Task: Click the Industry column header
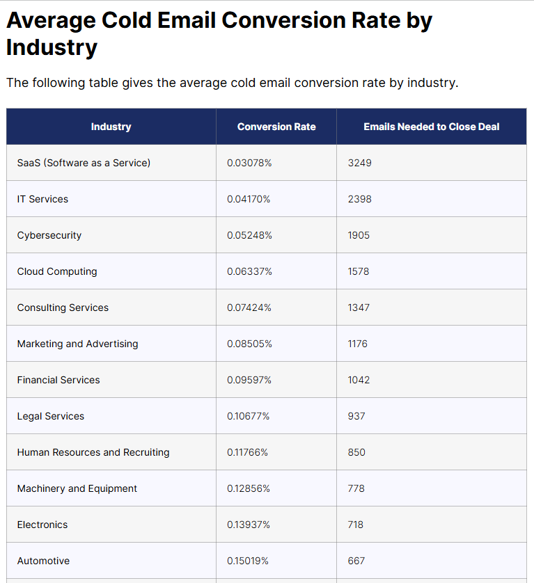click(111, 127)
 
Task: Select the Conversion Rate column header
click(276, 127)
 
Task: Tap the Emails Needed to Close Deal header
click(431, 127)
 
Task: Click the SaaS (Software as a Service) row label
click(84, 163)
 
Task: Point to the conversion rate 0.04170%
click(249, 199)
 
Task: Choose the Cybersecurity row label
click(49, 235)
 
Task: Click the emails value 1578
click(359, 271)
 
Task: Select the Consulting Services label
click(63, 308)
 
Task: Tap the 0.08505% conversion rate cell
click(249, 344)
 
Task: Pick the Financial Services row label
click(58, 380)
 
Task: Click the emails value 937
click(356, 416)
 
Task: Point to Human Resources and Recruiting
click(93, 452)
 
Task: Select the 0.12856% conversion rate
click(249, 488)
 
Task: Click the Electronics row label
click(42, 525)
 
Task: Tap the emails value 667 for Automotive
click(356, 561)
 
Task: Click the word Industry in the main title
click(52, 48)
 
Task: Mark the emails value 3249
click(359, 163)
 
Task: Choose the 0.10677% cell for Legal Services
click(248, 416)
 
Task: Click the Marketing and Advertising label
click(77, 344)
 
